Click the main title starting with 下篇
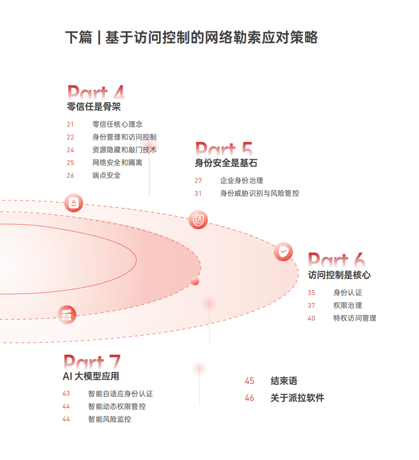point(191,38)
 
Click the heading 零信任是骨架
point(94,107)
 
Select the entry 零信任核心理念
point(117,124)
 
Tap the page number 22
point(71,137)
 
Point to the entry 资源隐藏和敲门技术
point(125,150)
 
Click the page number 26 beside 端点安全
point(71,175)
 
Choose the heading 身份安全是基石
point(226,163)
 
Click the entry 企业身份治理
point(241,181)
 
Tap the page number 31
point(198,193)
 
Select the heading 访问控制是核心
point(339,275)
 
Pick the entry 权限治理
point(348,305)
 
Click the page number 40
point(311,318)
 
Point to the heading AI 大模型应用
point(91,376)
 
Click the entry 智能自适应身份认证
point(120,393)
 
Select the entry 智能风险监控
point(109,419)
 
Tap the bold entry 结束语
point(284,381)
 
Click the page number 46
point(250,398)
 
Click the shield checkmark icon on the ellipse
point(283,252)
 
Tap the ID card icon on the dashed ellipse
point(198,219)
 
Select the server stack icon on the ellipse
point(67,314)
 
